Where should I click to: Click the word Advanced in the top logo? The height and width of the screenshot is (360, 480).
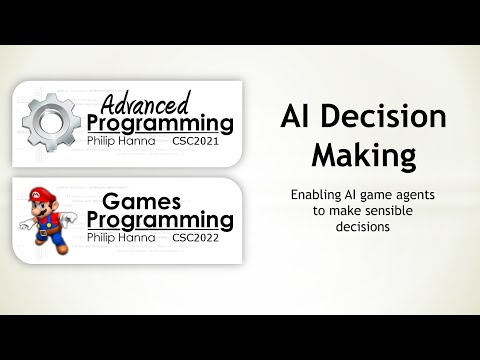point(147,103)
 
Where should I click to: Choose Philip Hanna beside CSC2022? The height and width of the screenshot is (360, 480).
point(126,238)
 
